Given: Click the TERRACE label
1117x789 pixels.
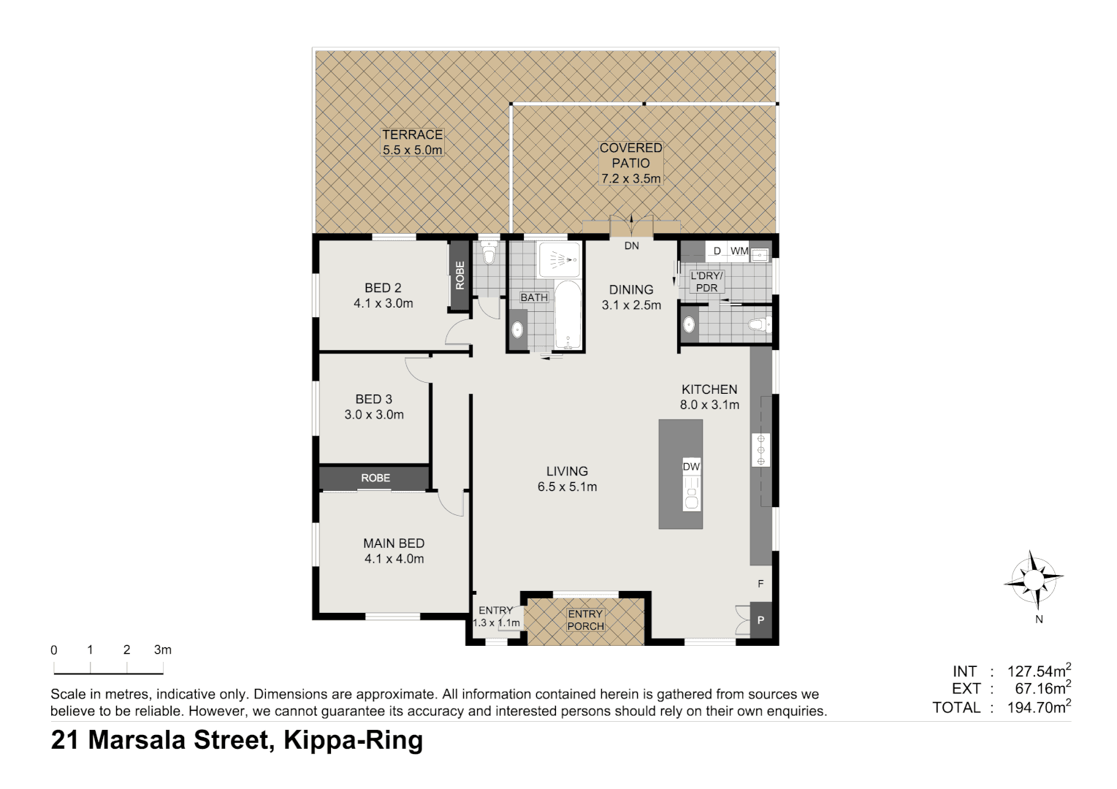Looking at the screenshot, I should [x=412, y=135].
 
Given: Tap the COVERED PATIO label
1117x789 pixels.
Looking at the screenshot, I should [x=630, y=155].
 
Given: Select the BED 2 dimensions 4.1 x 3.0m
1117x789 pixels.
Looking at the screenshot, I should [x=384, y=303].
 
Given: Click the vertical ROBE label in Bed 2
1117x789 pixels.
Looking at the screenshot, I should [x=460, y=275].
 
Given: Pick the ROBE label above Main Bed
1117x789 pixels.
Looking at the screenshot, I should [x=375, y=478].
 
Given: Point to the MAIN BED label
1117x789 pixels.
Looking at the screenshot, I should [x=394, y=544].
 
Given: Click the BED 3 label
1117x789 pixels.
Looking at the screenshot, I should [x=374, y=399].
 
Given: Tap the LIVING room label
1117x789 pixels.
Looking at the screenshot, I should [x=567, y=471].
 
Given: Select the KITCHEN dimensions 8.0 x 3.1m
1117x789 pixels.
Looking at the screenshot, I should [x=709, y=405].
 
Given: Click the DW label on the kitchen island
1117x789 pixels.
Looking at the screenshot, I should [x=691, y=466].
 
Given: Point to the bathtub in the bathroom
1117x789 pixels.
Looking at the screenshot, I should [x=568, y=316].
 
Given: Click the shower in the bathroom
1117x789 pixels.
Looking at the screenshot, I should [x=560, y=259].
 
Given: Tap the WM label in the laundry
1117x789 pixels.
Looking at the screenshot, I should [x=739, y=251].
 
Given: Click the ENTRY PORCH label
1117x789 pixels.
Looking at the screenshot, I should [x=585, y=620].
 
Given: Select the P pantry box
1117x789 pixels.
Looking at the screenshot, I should [x=760, y=620].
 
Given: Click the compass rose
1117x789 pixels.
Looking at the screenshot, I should [x=1034, y=579].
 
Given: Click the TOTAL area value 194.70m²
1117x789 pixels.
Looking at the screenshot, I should [x=1038, y=707].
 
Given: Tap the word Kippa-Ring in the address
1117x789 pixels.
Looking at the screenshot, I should [x=353, y=740].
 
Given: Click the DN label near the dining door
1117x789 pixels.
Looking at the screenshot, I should [x=631, y=245].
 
